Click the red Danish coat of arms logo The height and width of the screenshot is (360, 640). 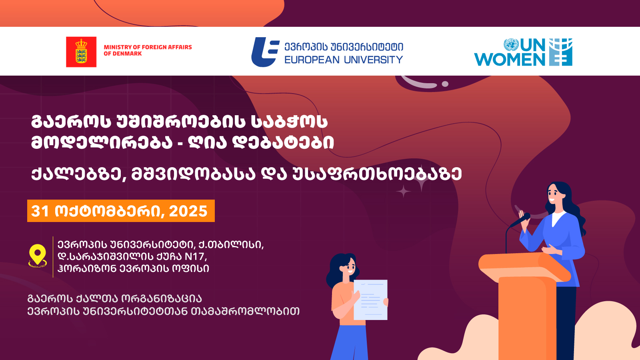click(x=81, y=52)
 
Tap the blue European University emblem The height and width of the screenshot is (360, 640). click(x=265, y=52)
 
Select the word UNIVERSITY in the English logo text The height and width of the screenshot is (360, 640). click(x=374, y=60)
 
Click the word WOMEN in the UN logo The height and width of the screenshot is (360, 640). click(x=510, y=60)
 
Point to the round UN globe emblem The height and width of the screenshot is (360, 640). click(x=511, y=44)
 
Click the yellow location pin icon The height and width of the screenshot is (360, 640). click(x=38, y=256)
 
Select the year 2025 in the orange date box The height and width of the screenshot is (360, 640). click(x=188, y=211)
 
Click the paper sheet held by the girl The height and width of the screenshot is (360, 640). click(x=370, y=300)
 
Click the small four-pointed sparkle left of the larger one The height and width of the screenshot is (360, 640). click(x=403, y=191)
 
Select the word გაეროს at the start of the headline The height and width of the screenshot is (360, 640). click(x=71, y=122)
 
